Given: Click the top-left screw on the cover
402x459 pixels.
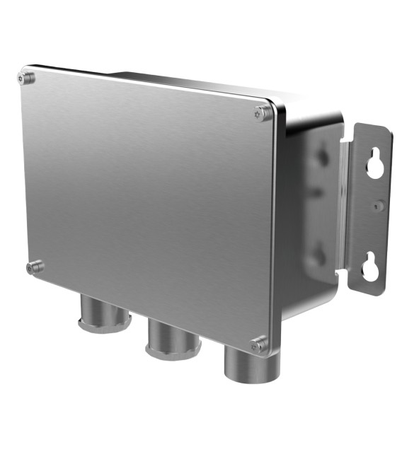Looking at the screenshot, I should (27, 78).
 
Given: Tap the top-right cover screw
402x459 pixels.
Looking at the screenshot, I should (262, 112).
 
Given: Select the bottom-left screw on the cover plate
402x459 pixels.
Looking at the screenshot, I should (33, 267).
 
